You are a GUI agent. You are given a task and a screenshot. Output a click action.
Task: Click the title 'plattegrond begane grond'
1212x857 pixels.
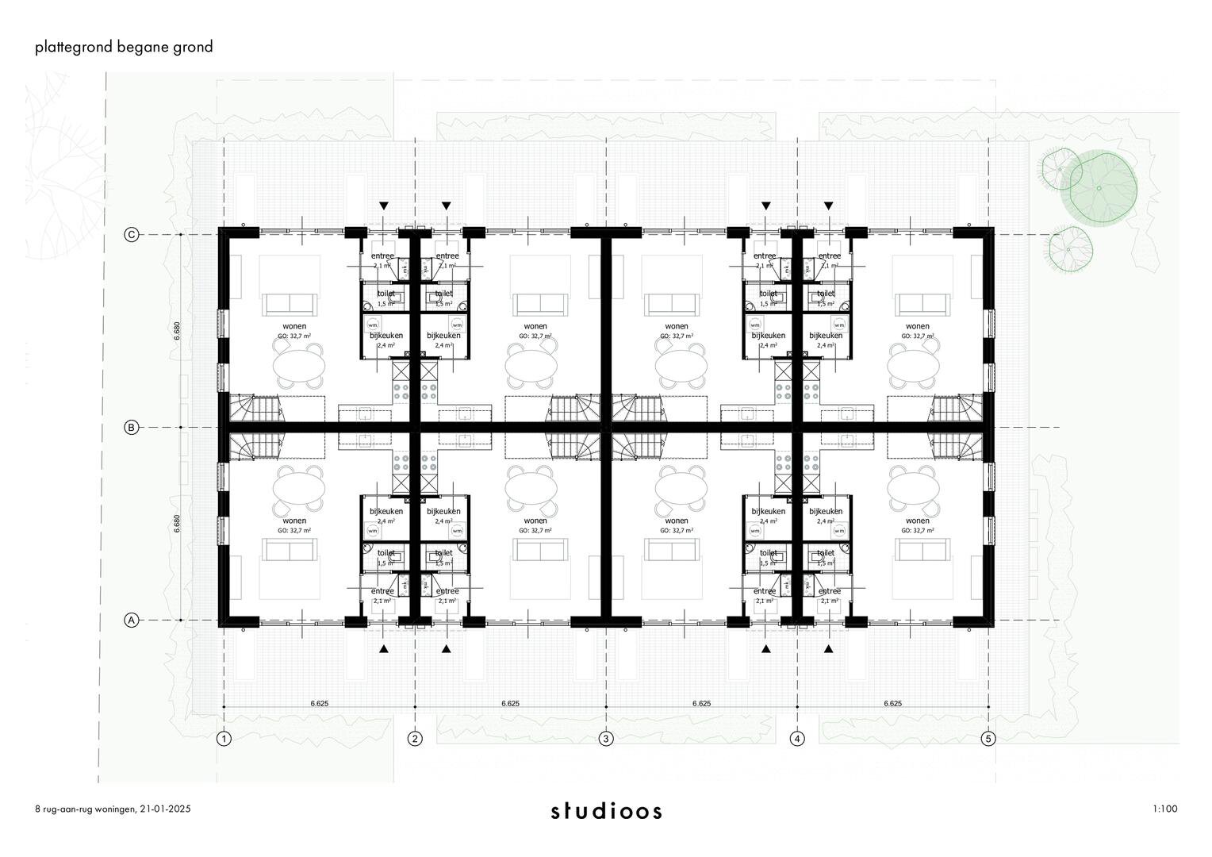pyautogui.click(x=124, y=47)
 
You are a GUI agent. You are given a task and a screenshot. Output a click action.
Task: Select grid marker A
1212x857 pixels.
pyautogui.click(x=132, y=621)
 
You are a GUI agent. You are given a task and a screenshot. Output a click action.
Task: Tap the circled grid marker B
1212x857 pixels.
pyautogui.click(x=132, y=428)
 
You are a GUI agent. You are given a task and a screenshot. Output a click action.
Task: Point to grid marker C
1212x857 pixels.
pyautogui.click(x=132, y=235)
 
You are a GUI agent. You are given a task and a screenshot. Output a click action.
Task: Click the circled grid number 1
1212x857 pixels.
pyautogui.click(x=224, y=739)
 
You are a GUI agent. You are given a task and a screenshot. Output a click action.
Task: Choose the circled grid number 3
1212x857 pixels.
pyautogui.click(x=606, y=739)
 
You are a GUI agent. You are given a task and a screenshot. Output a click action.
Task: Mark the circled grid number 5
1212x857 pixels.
pyautogui.click(x=988, y=739)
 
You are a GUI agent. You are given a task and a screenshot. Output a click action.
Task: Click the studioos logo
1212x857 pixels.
pyautogui.click(x=606, y=811)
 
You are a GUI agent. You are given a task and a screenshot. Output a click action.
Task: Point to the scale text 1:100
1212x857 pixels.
pyautogui.click(x=1164, y=809)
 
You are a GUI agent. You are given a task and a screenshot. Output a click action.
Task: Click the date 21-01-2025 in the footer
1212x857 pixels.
pyautogui.click(x=166, y=809)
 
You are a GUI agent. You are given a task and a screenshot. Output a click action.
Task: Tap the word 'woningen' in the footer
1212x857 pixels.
pyautogui.click(x=116, y=809)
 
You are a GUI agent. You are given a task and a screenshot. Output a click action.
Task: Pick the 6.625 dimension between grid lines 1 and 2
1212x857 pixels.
pyautogui.click(x=320, y=703)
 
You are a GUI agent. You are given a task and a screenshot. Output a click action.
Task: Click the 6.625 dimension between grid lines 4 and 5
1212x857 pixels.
pyautogui.click(x=892, y=703)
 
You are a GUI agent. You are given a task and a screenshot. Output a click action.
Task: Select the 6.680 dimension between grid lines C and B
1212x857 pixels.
pyautogui.click(x=177, y=331)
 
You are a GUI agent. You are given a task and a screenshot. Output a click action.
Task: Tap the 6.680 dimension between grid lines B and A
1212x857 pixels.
pyautogui.click(x=177, y=525)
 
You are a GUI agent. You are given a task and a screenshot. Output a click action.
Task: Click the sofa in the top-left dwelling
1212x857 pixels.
pyautogui.click(x=289, y=304)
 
